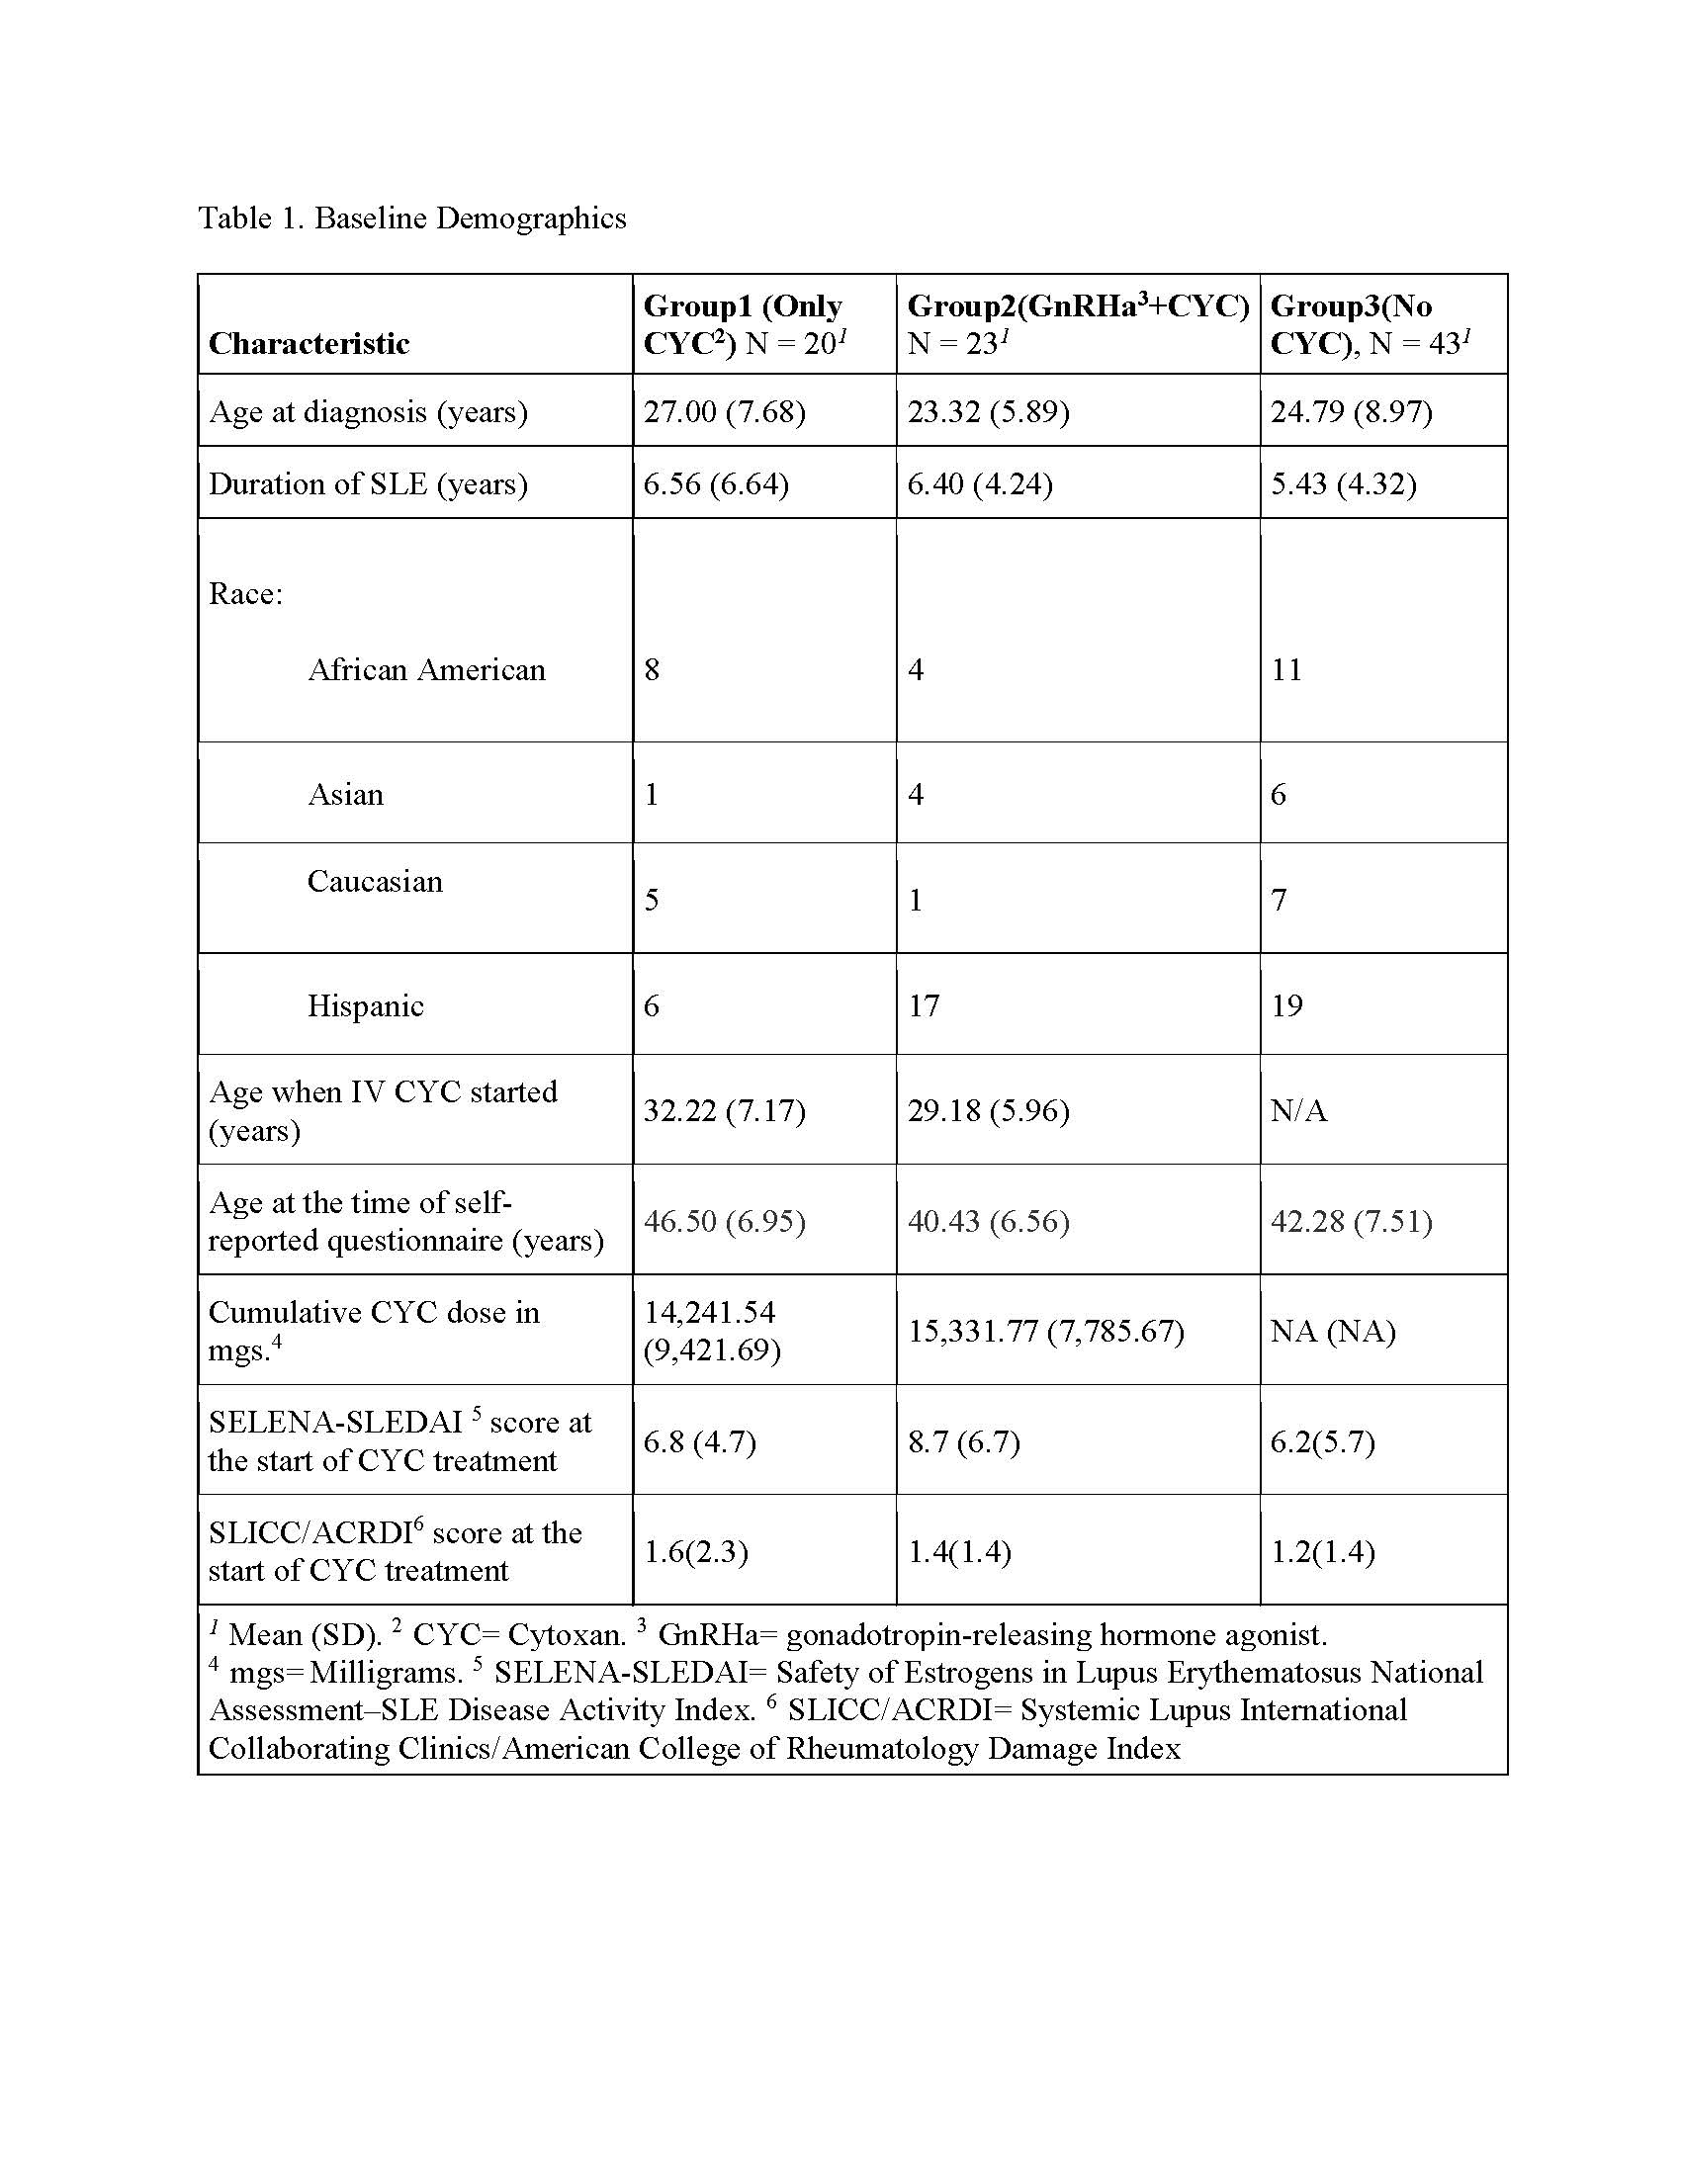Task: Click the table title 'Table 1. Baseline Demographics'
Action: coord(412,218)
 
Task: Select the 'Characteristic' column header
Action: coord(309,344)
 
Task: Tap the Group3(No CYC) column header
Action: coord(1370,324)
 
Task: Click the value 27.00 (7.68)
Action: coord(724,411)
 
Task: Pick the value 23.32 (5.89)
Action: coord(988,411)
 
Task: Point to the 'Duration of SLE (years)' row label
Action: coord(368,484)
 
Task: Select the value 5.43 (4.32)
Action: coord(1343,484)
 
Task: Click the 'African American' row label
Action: coord(426,669)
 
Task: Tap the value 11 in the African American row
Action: coord(1285,669)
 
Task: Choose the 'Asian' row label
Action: coord(344,794)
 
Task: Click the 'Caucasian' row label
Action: coord(375,881)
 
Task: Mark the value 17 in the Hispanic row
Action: coord(924,1005)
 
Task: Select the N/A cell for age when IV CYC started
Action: coord(1298,1110)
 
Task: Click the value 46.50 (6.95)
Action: coord(724,1221)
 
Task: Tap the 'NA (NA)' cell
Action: coord(1333,1331)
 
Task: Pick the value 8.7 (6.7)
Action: coord(963,1441)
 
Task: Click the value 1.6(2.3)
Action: coord(695,1551)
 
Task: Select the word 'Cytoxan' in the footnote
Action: coord(566,1635)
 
